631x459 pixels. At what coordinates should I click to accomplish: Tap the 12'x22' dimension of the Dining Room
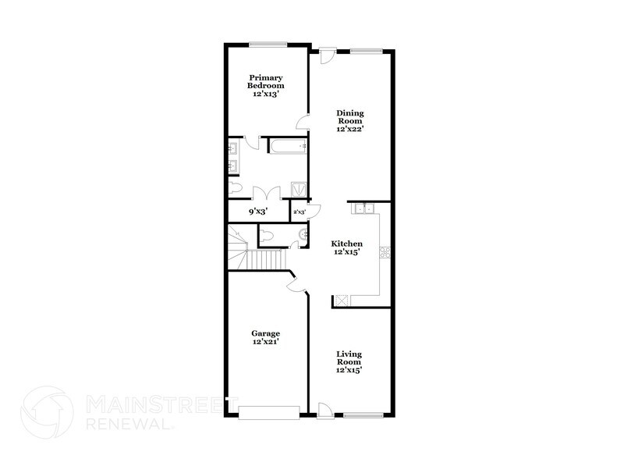pyautogui.click(x=350, y=129)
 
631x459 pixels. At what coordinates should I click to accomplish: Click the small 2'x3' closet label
pyautogui.click(x=299, y=211)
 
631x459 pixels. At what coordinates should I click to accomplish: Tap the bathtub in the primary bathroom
pyautogui.click(x=287, y=145)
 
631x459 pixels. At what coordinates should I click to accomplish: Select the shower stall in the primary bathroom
pyautogui.click(x=297, y=189)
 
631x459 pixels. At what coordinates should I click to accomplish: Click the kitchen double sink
pyautogui.click(x=363, y=208)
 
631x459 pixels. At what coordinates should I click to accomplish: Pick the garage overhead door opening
pyautogui.click(x=269, y=411)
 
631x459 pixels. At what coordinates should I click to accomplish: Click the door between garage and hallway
pyautogui.click(x=295, y=285)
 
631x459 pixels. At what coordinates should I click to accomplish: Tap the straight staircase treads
pyautogui.click(x=265, y=258)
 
